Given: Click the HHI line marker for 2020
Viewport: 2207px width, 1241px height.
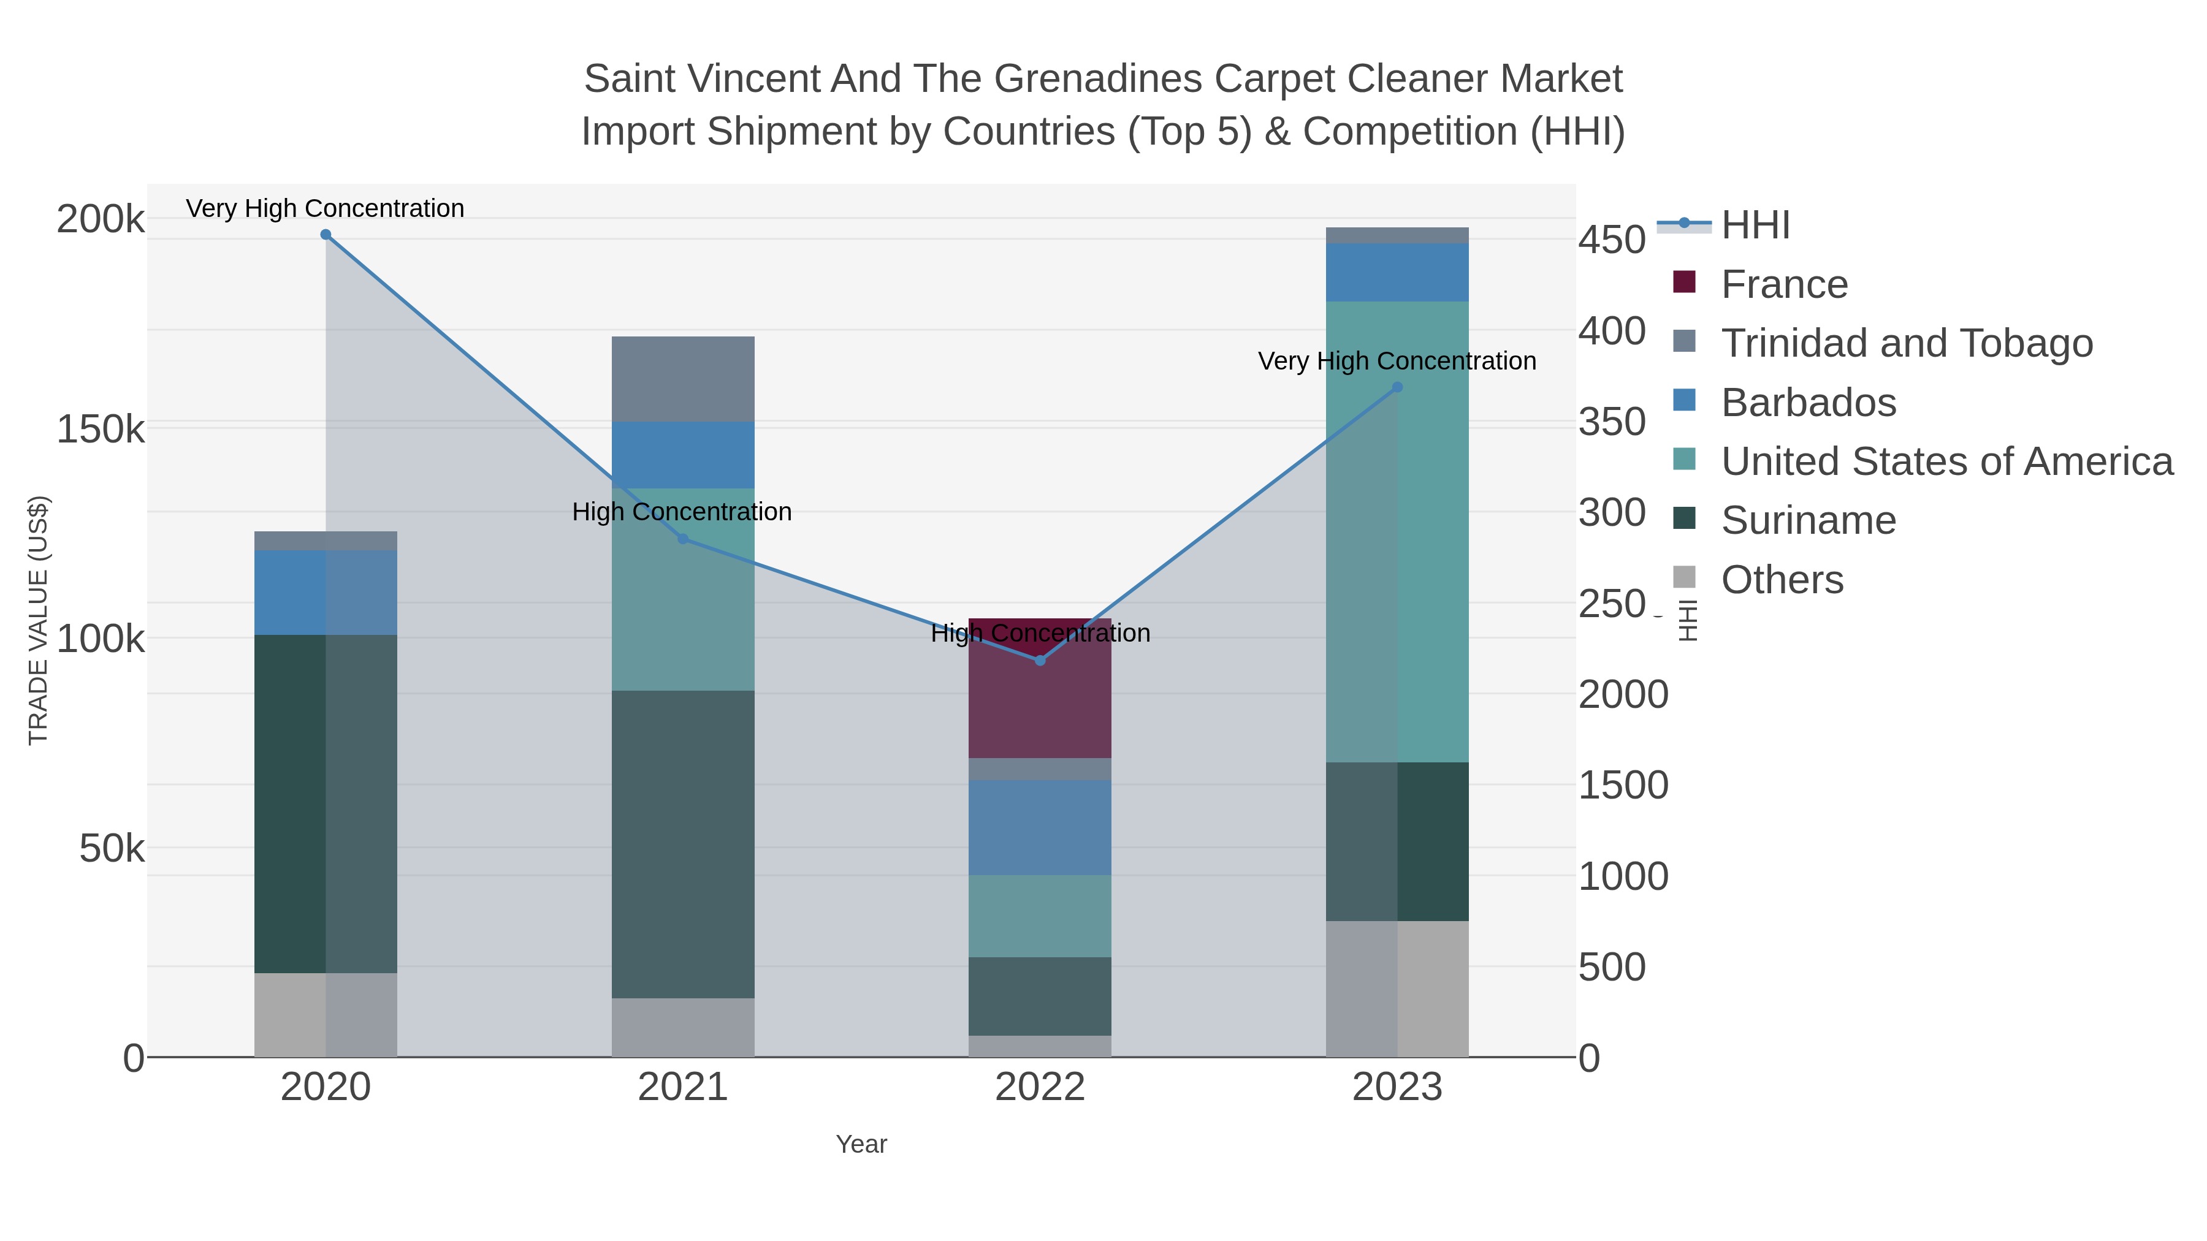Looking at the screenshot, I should [326, 235].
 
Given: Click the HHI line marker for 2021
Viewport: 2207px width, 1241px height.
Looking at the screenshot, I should [683, 539].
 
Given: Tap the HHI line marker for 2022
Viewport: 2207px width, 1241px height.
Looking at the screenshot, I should [1040, 660].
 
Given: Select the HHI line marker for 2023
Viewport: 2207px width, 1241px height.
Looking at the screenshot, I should [1397, 387].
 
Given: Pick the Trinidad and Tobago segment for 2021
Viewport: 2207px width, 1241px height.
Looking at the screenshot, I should [683, 379].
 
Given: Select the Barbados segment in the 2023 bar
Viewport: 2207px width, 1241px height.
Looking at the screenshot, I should [1397, 272].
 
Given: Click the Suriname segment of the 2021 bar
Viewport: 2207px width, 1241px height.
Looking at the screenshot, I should [683, 844].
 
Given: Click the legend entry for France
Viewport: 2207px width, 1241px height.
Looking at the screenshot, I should [1784, 284].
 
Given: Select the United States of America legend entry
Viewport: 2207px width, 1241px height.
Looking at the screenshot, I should [1946, 461].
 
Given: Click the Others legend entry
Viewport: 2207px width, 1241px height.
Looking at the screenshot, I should [1782, 580].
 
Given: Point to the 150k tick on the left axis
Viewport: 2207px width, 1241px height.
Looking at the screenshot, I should [101, 429].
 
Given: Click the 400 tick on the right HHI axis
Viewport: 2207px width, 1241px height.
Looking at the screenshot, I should [1612, 332].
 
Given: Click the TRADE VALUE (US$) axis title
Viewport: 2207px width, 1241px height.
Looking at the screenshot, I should [39, 620].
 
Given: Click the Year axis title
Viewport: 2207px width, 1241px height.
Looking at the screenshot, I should [861, 1144].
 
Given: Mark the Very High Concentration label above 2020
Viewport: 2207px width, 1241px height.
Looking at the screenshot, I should [326, 208].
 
